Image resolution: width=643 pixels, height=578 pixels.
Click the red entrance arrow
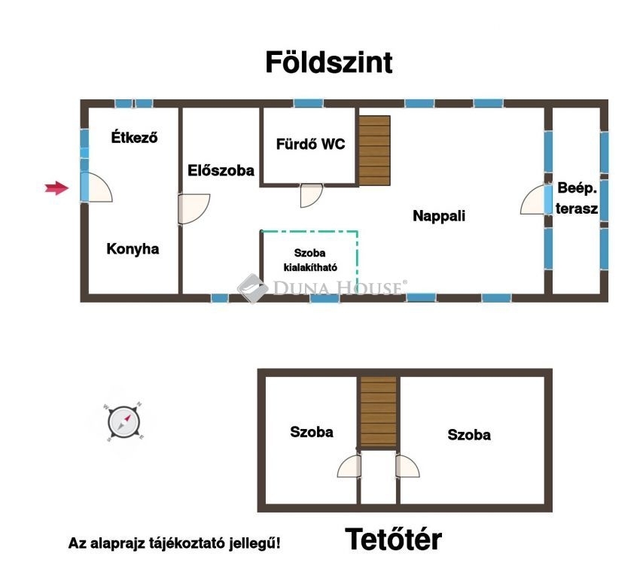tap(56, 188)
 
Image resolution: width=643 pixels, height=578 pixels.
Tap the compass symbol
tap(123, 421)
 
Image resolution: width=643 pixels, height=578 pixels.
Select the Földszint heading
tap(329, 62)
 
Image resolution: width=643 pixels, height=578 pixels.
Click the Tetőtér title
tap(393, 539)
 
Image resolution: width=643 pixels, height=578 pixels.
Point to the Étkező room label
tap(134, 137)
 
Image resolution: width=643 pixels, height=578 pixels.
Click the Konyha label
tap(133, 249)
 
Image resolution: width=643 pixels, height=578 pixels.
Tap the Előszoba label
tap(221, 170)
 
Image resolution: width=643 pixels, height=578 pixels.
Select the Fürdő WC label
tap(310, 144)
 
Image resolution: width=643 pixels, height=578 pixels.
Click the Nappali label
tap(439, 216)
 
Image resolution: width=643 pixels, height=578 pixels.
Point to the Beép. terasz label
tap(577, 199)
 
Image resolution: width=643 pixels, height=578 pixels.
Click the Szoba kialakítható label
tap(310, 260)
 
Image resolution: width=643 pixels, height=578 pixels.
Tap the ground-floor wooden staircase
tap(374, 151)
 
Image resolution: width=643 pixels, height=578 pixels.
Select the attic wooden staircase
tap(379, 412)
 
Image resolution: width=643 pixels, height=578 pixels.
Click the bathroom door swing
tap(311, 196)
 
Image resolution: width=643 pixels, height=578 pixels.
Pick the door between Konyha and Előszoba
tap(194, 209)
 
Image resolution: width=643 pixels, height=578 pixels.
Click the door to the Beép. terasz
tap(535, 199)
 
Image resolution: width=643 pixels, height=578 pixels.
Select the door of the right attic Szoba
tap(407, 466)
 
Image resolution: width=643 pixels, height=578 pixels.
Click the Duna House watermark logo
tap(322, 287)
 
